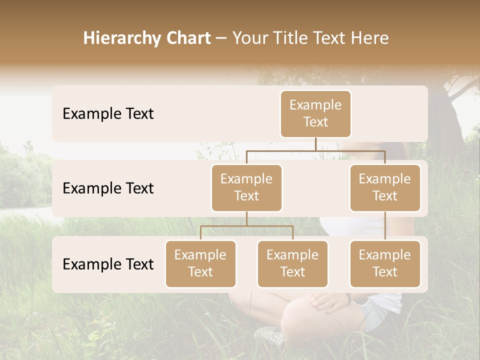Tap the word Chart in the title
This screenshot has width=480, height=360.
188,38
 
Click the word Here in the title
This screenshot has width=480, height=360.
369,38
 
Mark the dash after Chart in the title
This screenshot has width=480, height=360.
221,38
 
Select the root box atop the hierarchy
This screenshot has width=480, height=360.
315,113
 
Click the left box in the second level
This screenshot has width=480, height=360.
246,187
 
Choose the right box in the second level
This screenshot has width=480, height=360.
385,187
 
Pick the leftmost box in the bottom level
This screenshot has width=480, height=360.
200,263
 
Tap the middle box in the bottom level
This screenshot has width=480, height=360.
292,263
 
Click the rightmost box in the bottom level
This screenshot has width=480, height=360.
385,263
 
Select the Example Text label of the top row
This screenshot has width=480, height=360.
108,113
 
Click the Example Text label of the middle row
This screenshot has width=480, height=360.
108,188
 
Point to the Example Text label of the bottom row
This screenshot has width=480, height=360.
108,264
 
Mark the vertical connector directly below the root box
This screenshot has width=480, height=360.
315,144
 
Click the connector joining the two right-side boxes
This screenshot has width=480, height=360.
385,226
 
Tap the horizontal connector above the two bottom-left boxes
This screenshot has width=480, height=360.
246,226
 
